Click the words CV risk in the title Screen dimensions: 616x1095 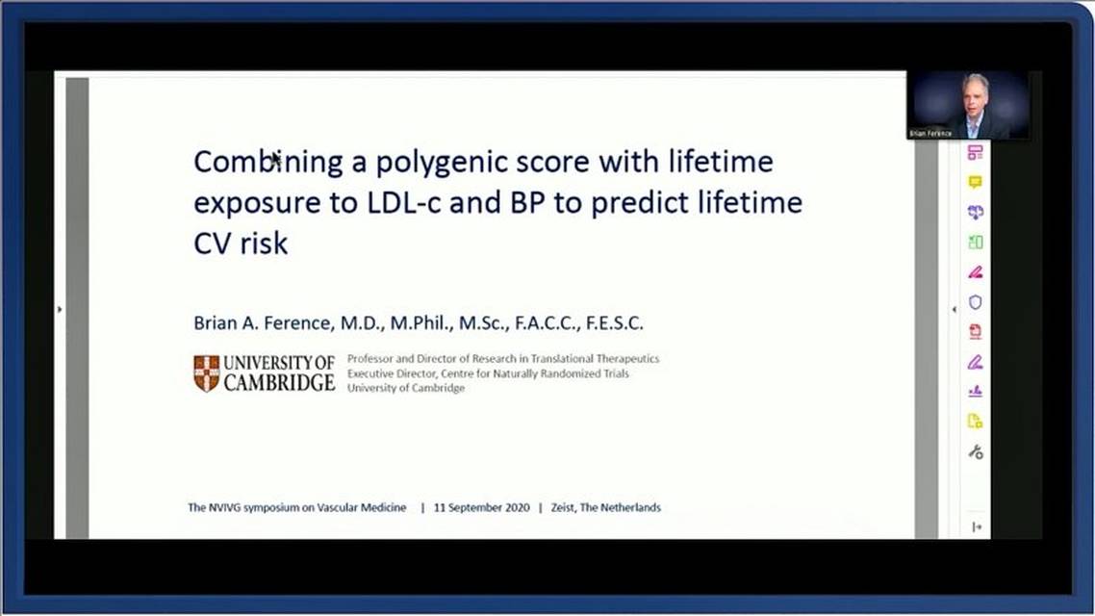tap(241, 244)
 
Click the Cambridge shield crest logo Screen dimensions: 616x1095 tap(206, 373)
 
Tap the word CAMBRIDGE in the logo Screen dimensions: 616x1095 tap(279, 383)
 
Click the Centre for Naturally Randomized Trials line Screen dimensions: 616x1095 tap(488, 373)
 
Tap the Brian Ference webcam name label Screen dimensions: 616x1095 tap(930, 134)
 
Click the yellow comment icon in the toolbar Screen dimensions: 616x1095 tap(975, 182)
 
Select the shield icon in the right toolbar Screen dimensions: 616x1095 tap(975, 302)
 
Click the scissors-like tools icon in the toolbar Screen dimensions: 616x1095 tap(975, 451)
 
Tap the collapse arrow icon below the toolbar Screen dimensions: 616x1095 tap(977, 526)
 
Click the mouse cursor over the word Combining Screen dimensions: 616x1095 tap(276, 159)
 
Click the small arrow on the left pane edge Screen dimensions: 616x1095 tap(60, 309)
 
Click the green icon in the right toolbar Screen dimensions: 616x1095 tap(975, 243)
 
